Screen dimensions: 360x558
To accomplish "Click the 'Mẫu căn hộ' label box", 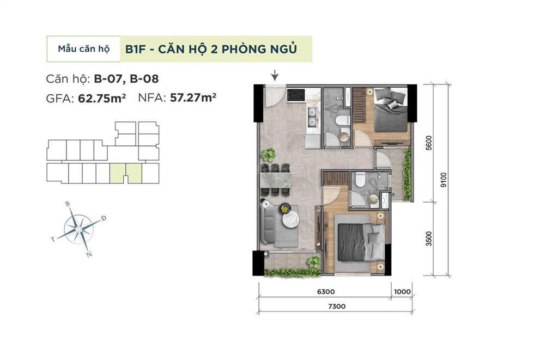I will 83,49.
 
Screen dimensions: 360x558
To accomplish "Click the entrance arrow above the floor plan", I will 275,75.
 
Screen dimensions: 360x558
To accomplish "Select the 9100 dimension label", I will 444,179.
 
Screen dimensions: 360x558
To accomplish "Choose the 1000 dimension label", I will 402,291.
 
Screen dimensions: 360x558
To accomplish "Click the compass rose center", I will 78,229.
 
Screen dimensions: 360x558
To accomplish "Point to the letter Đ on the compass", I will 104,218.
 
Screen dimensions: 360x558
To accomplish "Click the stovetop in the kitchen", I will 298,95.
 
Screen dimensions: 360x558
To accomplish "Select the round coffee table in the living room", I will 289,218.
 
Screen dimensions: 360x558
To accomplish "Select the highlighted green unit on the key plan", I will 126,173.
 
